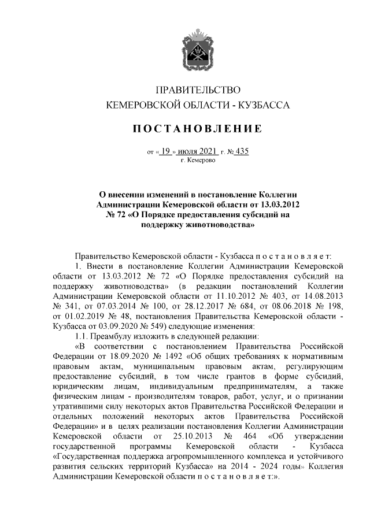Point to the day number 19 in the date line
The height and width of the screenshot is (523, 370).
(165, 151)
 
